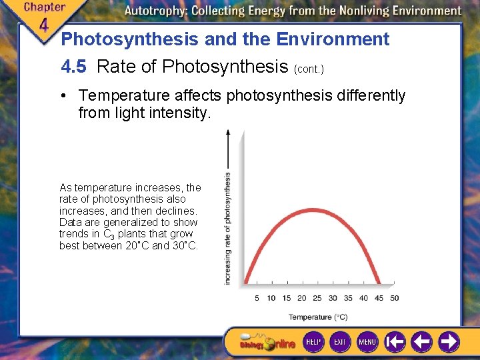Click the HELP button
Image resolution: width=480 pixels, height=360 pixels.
(313, 342)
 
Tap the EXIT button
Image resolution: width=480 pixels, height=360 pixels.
(340, 342)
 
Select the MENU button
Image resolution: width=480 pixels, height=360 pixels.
(367, 342)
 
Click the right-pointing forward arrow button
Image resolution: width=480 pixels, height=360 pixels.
(449, 342)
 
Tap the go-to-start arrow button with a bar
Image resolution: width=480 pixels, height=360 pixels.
(395, 342)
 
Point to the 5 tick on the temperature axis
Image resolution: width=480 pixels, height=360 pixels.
(257, 298)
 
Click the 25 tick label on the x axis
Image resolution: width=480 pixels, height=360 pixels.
(317, 298)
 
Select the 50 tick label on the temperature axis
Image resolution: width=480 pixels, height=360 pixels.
(394, 298)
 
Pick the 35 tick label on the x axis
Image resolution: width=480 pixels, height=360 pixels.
(349, 298)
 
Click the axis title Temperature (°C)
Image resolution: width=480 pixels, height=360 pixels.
(318, 317)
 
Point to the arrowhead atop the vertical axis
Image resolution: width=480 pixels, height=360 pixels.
(228, 133)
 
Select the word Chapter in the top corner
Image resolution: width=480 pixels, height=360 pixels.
(45, 7)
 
